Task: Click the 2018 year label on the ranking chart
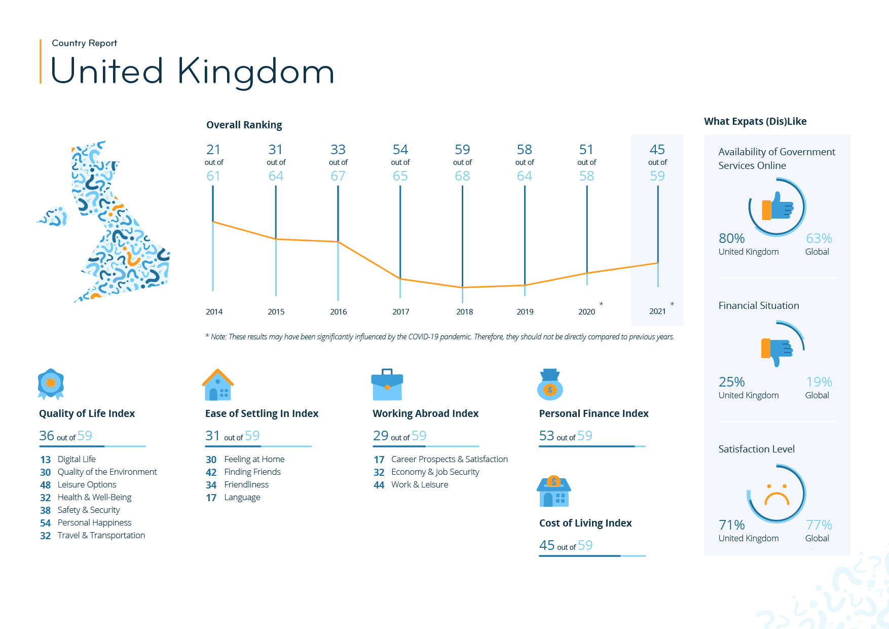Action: point(464,311)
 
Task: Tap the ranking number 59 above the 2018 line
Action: point(462,150)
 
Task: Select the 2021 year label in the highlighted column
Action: point(657,311)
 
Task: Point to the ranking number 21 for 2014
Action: point(213,150)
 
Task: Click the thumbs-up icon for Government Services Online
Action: point(777,206)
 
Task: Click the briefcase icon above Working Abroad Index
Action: point(387,385)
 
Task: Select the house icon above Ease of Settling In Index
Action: point(218,385)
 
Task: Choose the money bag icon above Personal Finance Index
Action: point(550,385)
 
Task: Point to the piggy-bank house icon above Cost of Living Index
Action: point(554,492)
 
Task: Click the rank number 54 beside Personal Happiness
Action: point(46,523)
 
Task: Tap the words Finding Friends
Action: point(252,472)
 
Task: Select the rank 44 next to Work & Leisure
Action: point(379,485)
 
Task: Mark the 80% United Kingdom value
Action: point(732,238)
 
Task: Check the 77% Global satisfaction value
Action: point(819,525)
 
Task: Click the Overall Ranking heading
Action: point(244,125)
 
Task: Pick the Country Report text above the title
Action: point(84,43)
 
